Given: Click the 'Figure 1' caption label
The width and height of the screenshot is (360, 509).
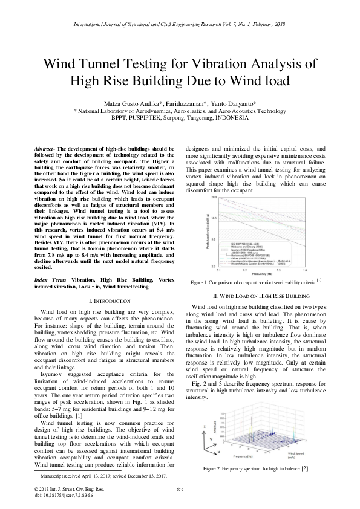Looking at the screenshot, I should coord(201,282).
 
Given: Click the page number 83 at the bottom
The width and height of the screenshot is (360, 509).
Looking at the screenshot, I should coord(180,489).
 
